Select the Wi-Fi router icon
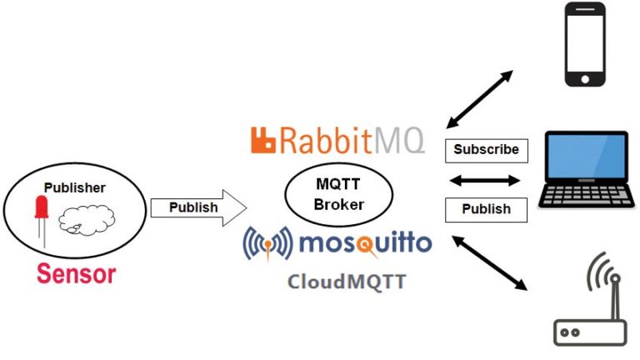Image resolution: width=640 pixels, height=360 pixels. pos(589,329)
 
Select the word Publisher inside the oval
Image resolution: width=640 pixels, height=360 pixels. pos(74,187)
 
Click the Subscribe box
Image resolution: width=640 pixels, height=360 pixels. pos(486,150)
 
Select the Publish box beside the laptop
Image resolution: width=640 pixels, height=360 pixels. pos(486,208)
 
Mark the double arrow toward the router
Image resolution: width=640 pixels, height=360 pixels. pos(489,262)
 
